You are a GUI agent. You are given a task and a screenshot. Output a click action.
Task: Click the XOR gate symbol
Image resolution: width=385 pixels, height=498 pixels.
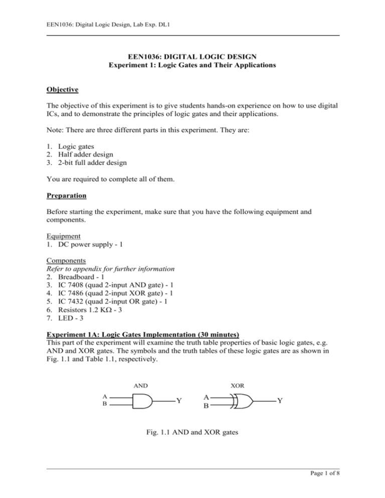coord(243,401)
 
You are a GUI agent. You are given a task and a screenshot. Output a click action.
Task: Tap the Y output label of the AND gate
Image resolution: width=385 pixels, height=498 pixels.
coord(178,401)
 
